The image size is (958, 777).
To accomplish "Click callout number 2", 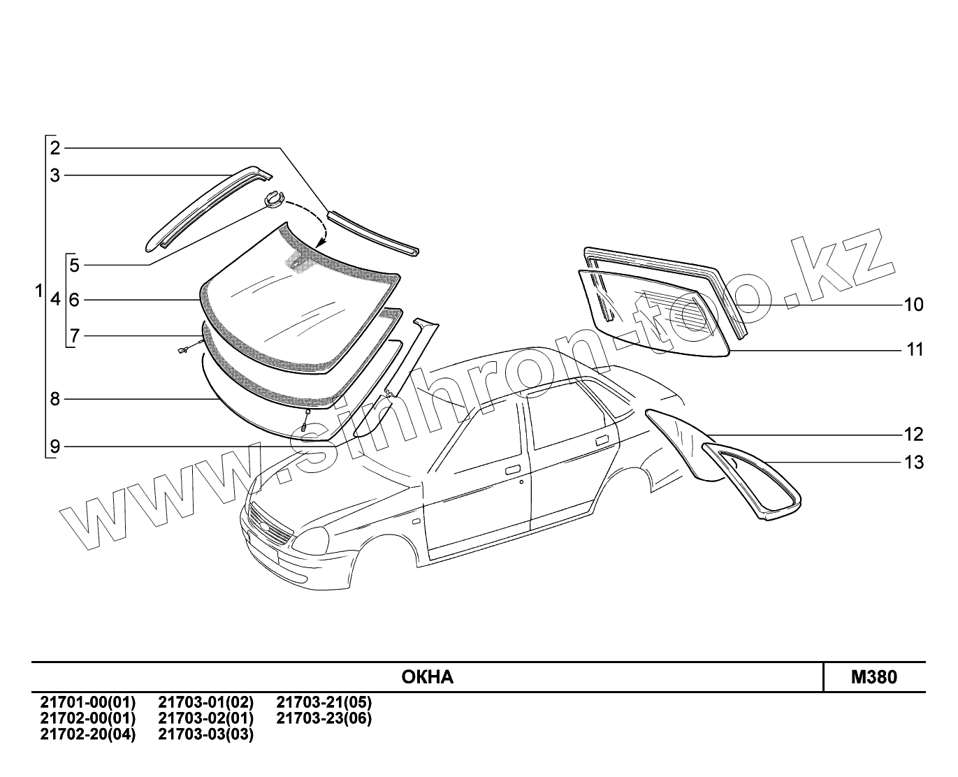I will click(55, 147).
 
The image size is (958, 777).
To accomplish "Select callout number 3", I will click(55, 175).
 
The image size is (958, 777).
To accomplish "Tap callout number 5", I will click(74, 266).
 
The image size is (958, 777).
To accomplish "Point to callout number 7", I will click(74, 337).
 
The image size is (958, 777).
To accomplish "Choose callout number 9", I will click(55, 446).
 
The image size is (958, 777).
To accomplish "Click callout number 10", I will click(913, 305).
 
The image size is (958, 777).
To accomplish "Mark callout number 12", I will click(913, 435).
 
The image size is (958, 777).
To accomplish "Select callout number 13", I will click(913, 463).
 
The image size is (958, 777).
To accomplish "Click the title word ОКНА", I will click(428, 677).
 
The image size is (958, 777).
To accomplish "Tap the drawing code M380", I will click(873, 677).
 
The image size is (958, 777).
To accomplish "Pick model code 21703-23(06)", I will click(324, 718).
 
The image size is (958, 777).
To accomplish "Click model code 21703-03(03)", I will click(206, 734).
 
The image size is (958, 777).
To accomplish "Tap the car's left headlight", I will click(314, 539).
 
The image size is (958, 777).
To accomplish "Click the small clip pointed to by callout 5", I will click(273, 199).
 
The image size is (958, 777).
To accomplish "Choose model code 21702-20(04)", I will click(88, 734).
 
